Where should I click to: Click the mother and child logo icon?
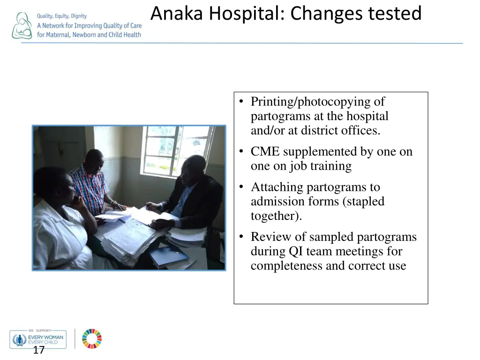click(x=22, y=26)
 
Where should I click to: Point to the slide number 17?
click(x=38, y=350)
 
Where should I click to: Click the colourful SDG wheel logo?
click(x=92, y=338)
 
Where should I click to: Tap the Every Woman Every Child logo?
click(x=38, y=339)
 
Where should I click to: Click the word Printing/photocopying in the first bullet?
click(x=311, y=102)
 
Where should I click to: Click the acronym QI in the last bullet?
click(x=295, y=252)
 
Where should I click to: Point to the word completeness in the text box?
click(x=291, y=266)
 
